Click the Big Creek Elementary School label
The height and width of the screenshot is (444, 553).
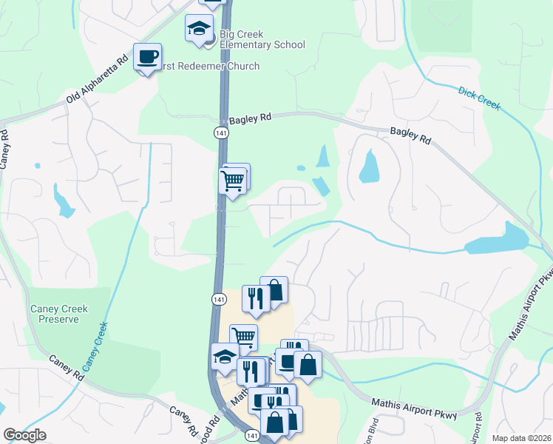(x=262, y=40)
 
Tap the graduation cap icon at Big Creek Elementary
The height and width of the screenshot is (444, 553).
(x=198, y=29)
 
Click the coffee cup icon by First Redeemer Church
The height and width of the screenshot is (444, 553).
(x=147, y=57)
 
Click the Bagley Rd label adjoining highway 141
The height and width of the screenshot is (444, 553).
(x=250, y=118)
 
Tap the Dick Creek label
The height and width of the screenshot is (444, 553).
(x=479, y=98)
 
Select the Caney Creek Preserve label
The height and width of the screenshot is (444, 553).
(x=58, y=314)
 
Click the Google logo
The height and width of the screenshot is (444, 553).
(x=24, y=435)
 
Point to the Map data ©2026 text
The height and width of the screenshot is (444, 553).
(x=521, y=438)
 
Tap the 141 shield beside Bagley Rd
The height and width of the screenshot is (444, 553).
(x=220, y=132)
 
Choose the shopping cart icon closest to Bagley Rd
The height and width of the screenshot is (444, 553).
(x=234, y=180)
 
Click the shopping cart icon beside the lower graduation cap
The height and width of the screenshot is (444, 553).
(x=242, y=337)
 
